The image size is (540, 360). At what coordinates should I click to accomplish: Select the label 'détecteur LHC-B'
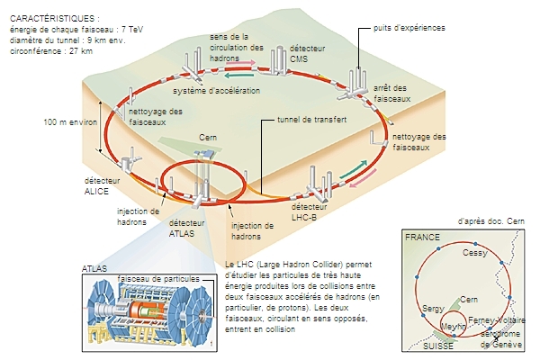click(x=306, y=211)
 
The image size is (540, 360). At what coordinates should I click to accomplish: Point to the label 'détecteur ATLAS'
click(x=186, y=229)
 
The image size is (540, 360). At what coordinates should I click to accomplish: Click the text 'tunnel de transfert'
click(x=311, y=119)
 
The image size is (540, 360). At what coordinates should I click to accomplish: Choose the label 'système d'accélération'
click(x=217, y=91)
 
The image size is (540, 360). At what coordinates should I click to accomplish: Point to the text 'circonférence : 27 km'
click(x=50, y=51)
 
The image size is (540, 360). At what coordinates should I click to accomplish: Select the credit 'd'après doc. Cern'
click(x=490, y=220)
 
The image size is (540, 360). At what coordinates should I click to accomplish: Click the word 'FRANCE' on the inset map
click(x=422, y=237)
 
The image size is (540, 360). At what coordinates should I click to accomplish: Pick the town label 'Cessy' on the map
click(x=473, y=254)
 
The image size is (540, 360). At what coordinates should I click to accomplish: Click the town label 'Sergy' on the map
click(x=433, y=309)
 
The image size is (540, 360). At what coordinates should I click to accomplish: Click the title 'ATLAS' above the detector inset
click(x=94, y=269)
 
